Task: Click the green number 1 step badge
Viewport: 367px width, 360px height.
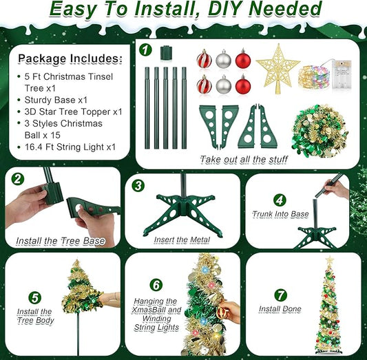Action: click(145, 50)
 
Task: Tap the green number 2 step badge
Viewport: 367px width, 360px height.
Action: click(17, 179)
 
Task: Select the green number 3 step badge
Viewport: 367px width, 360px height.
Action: click(138, 186)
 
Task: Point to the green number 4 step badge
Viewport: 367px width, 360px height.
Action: click(280, 200)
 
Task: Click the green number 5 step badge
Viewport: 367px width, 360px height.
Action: click(35, 298)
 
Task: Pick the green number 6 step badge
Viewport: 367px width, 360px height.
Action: click(156, 285)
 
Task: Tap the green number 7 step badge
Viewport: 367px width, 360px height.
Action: click(281, 295)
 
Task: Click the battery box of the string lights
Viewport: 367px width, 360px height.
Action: click(342, 74)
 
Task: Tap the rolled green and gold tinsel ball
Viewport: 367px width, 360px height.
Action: click(319, 131)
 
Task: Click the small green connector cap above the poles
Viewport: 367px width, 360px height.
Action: click(166, 53)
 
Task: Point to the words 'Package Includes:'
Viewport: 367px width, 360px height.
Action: click(70, 59)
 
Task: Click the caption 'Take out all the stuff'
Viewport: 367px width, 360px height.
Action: click(244, 160)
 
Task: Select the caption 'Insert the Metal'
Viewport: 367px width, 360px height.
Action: click(182, 240)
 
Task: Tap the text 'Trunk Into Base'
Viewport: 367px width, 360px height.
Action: click(280, 214)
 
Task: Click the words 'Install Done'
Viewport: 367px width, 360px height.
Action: click(280, 309)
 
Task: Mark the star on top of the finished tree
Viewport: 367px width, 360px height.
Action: click(330, 260)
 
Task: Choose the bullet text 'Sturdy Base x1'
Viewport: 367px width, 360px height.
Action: click(56, 100)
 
